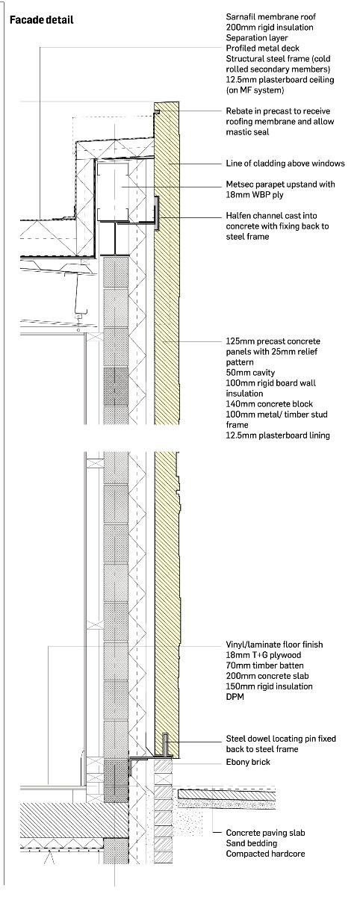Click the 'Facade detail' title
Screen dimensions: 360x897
click(42, 20)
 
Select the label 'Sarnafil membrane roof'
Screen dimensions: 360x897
click(270, 17)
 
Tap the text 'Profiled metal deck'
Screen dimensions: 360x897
click(263, 48)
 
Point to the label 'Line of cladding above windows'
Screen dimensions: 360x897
click(285, 164)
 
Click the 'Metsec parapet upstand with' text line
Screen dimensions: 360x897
click(280, 184)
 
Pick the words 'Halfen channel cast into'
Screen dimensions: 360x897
click(272, 216)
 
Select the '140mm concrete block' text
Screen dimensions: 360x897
click(270, 404)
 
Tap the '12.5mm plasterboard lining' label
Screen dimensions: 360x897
click(278, 435)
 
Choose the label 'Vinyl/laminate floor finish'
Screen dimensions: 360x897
click(274, 645)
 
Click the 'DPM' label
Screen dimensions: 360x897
click(235, 697)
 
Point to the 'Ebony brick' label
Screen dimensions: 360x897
click(248, 762)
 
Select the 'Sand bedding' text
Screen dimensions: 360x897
click(252, 843)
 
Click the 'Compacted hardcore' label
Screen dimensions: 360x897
click(265, 854)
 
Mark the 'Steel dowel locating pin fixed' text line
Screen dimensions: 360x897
click(281, 739)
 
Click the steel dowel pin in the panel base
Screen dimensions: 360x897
click(165, 745)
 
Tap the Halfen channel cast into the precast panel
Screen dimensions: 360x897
click(157, 213)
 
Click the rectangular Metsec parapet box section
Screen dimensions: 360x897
click(113, 192)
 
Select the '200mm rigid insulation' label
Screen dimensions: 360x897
click(270, 27)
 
